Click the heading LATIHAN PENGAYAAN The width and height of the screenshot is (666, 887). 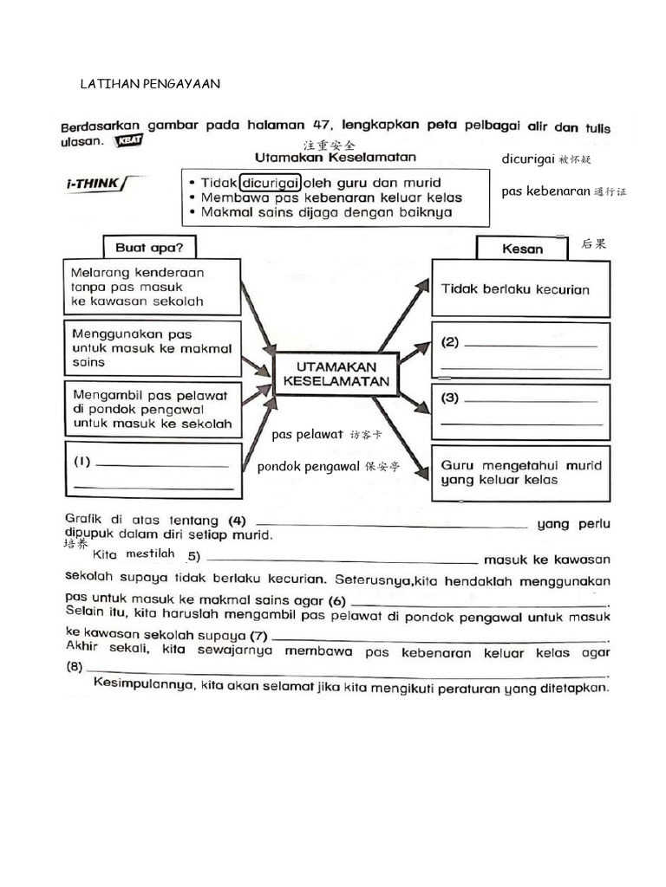(149, 84)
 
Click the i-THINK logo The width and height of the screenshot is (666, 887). (94, 184)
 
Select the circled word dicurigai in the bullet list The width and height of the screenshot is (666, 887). (271, 183)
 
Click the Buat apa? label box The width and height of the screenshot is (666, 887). (149, 247)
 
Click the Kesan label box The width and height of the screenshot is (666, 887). (522, 249)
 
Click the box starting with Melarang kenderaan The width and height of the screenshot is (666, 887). (152, 287)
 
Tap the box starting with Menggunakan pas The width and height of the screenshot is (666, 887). (152, 347)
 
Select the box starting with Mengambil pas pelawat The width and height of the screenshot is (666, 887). (152, 409)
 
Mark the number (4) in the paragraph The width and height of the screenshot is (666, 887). (237, 521)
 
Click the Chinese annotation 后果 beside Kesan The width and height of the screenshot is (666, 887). (594, 245)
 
